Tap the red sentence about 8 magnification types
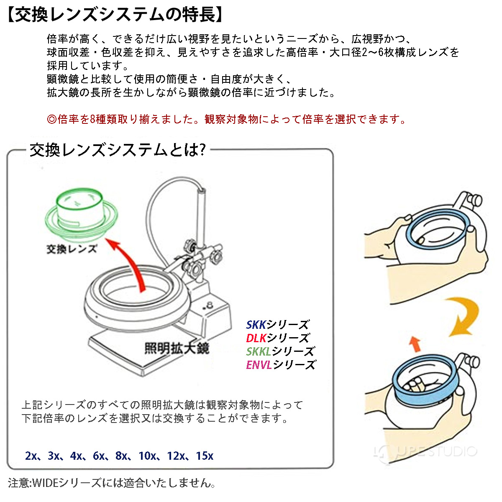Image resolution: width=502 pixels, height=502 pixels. coord(226,119)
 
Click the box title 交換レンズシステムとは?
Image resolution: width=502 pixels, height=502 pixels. coord(118,150)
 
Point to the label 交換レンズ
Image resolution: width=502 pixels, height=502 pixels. coord(72,249)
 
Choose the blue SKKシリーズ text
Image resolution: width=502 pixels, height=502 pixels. coord(277,325)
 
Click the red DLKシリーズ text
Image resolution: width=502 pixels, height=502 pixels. coord(277,338)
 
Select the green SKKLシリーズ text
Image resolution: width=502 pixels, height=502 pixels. coord(280,351)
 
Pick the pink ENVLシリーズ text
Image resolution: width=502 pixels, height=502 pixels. coord(280,365)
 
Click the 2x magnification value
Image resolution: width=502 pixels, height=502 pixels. coord(31,456)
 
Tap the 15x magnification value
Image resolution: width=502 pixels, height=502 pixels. coord(205,456)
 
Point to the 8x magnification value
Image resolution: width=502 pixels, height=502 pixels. coord(121,456)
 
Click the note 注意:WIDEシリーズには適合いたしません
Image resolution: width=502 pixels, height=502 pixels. coord(112,483)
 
